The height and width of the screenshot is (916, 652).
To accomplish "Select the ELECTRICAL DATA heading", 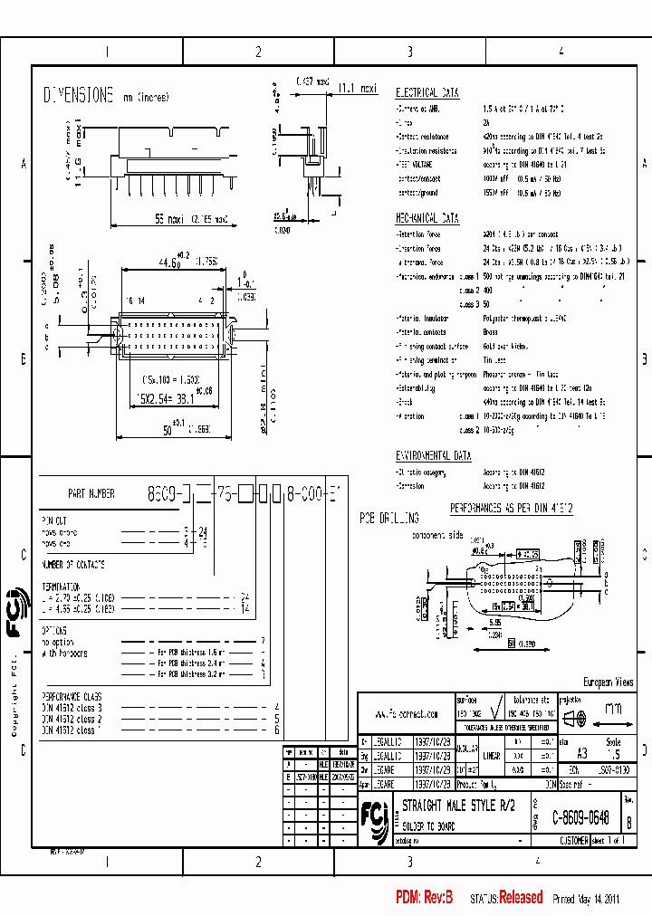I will click(427, 92).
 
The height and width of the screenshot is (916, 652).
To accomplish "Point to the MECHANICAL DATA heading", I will click(427, 218).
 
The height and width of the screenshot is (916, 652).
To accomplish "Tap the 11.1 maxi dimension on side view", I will click(357, 89).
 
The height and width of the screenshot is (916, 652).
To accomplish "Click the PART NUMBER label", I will click(91, 494).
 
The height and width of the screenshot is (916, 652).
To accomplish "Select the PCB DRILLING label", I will click(388, 519).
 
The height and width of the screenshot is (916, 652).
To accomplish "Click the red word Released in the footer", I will click(521, 898).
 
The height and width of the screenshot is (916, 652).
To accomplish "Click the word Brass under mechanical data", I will click(490, 333).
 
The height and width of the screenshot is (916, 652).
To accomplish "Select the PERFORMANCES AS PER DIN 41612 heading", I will click(511, 509).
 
